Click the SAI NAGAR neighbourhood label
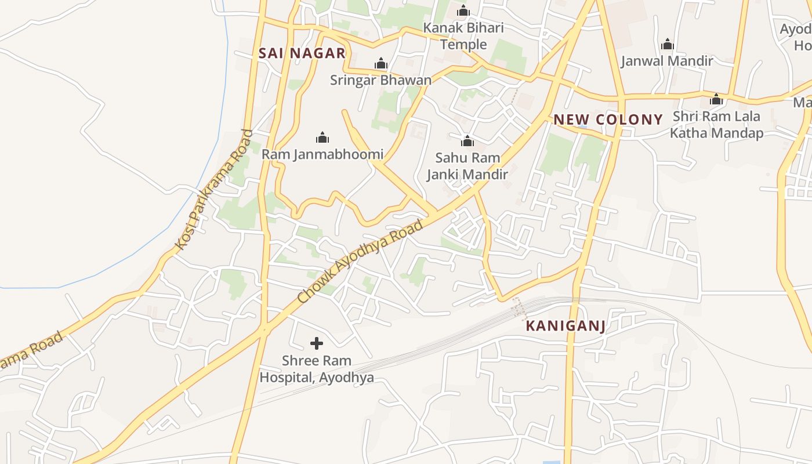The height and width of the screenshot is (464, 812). pos(302,53)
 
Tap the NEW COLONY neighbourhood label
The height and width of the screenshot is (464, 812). pos(608,120)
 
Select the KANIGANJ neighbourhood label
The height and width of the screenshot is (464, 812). pos(565,326)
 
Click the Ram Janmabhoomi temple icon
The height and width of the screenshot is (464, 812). pos(322,137)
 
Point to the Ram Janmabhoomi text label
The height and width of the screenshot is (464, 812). pos(322,154)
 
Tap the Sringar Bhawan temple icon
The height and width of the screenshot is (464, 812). pos(381,63)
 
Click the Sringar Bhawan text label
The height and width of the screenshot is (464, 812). pos(381,80)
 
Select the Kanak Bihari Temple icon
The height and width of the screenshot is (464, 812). pos(463,10)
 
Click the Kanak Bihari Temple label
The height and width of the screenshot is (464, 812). pos(463,36)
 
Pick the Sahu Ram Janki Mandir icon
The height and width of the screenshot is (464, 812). pos(467,141)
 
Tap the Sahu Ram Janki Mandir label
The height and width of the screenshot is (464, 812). pos(467,166)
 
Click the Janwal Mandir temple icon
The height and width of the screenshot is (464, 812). pos(667,44)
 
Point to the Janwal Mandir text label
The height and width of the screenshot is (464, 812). pos(667,61)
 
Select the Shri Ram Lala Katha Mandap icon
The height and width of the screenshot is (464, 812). pos(716,99)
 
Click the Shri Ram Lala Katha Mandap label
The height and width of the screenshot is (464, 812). pos(716,125)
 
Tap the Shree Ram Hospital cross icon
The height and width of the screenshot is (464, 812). pos(317,343)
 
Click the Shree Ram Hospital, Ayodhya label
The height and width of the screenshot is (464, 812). pos(317,369)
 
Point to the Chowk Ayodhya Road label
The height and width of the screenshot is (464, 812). pos(360,261)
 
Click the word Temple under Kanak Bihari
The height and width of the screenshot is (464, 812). pos(463,45)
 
